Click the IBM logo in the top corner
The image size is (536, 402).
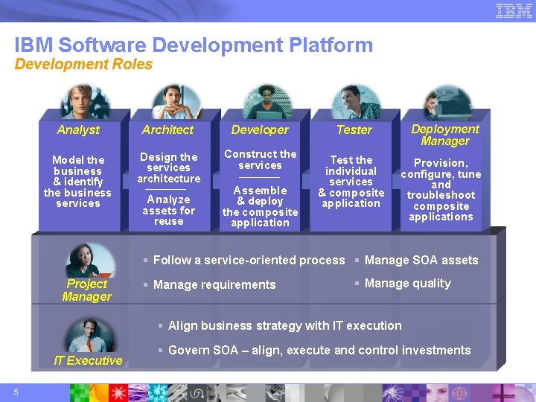pos(514,10)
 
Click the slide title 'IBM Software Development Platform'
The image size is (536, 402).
pos(194,45)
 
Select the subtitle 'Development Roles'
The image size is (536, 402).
pos(83,65)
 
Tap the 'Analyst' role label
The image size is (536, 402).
pos(78,130)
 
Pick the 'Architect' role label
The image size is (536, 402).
pos(167,130)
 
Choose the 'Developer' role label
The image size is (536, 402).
pos(260,130)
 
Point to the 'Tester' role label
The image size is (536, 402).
pos(354,130)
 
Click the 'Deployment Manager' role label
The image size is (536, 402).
pos(445,135)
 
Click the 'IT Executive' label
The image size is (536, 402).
pos(88,361)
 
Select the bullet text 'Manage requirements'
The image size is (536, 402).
pos(214,284)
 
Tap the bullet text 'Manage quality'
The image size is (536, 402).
pos(407,284)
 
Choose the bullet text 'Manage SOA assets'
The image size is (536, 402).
pos(421,261)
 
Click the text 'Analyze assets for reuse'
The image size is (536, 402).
pos(169,211)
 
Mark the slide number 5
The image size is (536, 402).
pos(16,392)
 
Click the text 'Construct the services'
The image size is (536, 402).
pos(260,159)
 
